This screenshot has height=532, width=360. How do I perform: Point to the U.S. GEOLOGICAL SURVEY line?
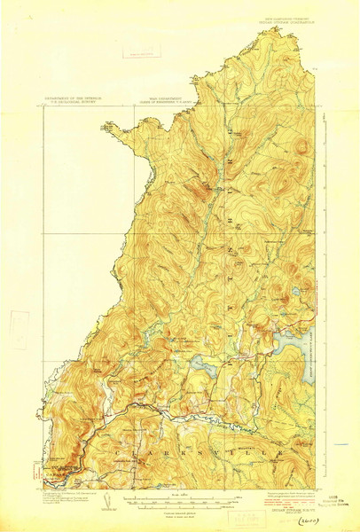pos(74,106)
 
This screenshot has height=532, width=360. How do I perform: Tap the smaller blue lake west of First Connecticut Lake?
pos(200,364)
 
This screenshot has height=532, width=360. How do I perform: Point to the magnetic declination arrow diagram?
pos(108,501)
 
